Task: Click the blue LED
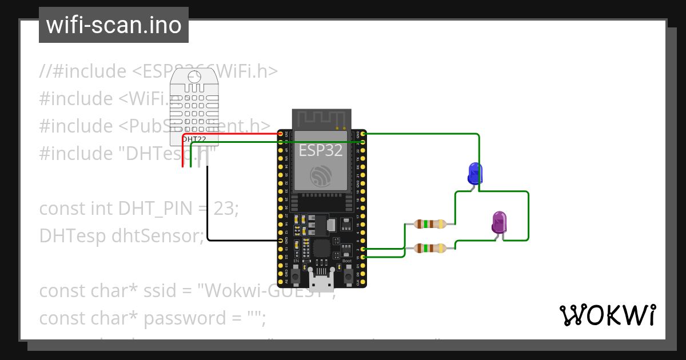(475, 173)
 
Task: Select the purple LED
(500, 222)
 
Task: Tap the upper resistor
(429, 224)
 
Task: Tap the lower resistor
(429, 248)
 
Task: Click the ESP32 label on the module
(321, 150)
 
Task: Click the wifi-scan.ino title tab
(114, 25)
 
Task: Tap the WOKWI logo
(607, 315)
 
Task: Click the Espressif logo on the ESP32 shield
(321, 176)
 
